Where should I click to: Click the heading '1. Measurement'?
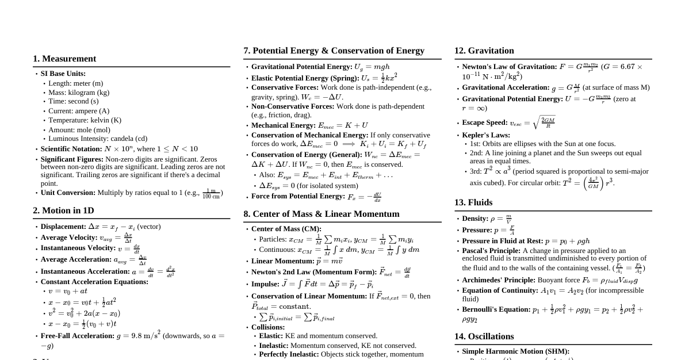pos(64,59)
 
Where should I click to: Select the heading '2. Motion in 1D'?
pos(63,210)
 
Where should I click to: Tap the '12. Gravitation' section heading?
pos(484,51)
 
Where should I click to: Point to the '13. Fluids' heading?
pos(473,202)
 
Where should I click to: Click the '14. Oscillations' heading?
pos(484,336)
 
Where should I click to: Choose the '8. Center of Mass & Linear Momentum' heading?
pos(321,214)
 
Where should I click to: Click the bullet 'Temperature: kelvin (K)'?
pos(85,120)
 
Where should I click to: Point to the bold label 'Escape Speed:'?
pos(485,123)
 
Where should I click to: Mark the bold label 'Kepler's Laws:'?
pos(486,135)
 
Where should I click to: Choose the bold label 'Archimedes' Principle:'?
pos(499,280)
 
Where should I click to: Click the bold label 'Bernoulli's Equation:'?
pos(496,309)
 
